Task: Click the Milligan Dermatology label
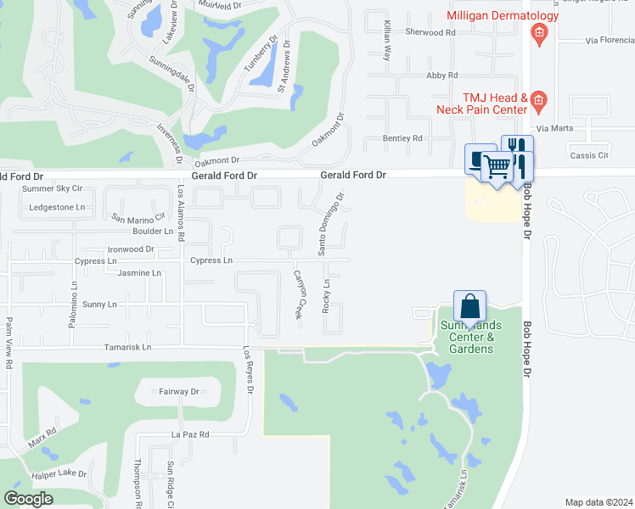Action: [x=503, y=15]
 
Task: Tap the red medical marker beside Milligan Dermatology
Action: [x=537, y=34]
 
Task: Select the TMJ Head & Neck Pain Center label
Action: [x=481, y=103]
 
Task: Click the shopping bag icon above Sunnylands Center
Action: [x=469, y=305]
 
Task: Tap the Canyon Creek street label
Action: [x=299, y=294]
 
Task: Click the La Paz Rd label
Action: [x=189, y=433]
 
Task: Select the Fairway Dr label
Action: [x=178, y=392]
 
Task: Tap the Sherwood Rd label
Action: [x=431, y=32]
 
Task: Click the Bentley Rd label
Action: [x=402, y=138]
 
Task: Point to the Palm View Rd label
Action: [x=9, y=342]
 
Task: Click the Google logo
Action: [x=28, y=499]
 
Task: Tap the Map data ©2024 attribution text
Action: [x=598, y=502]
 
